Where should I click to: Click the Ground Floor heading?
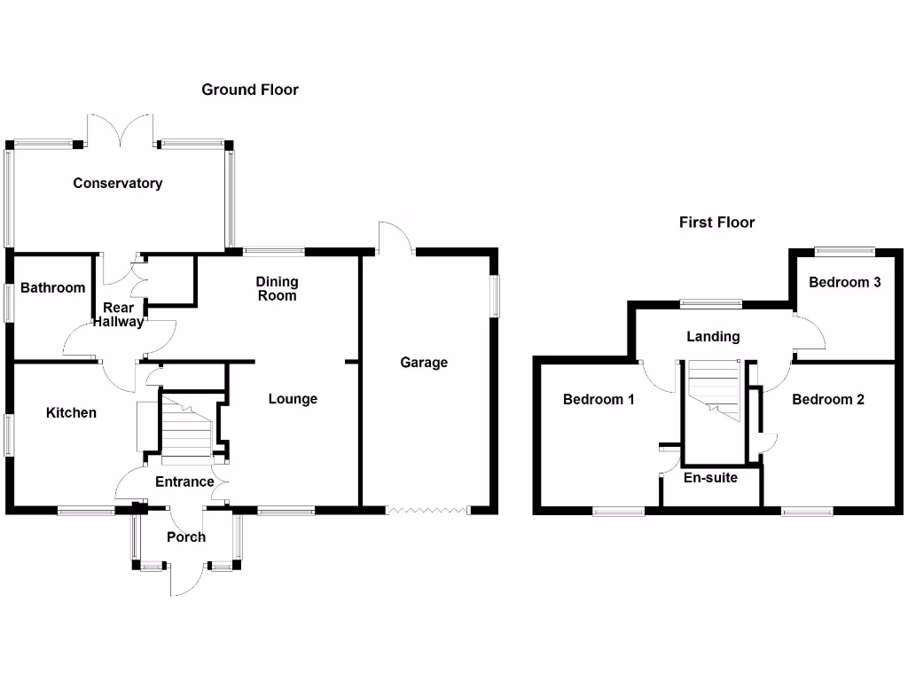pos(250,90)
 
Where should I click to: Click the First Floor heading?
pos(716,223)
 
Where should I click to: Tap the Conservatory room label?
pos(118,184)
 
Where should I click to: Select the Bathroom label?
pos(53,287)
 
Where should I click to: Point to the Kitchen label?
pos(71,413)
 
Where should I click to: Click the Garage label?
pos(424,363)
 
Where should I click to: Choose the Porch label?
pos(186,537)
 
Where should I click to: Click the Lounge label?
pos(293,399)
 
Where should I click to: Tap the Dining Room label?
pos(278,288)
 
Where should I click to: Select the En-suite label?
pos(710,478)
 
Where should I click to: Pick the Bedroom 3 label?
pos(844,283)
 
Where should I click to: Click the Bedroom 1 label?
pos(599,400)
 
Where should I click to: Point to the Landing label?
pos(713,337)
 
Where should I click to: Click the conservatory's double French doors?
pos(121,130)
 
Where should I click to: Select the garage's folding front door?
pos(427,510)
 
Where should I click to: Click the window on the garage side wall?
pos(495,295)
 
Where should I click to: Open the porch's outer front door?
pos(186,581)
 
